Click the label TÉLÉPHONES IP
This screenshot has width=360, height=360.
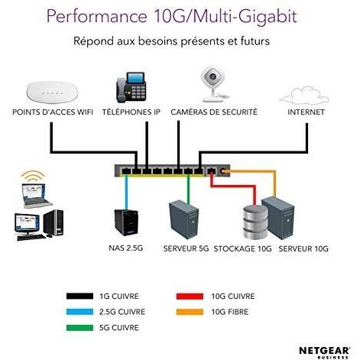click(x=132, y=112)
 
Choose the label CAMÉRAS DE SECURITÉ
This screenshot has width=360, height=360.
click(x=214, y=112)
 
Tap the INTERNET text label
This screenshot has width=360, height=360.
click(x=305, y=112)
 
